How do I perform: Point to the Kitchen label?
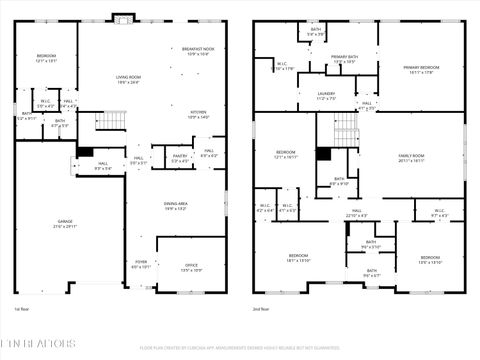[198, 114]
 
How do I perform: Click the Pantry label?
[181, 157]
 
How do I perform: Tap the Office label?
[191, 267]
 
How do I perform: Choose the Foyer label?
[140, 264]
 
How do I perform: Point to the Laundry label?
[326, 96]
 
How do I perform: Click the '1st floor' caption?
[22, 309]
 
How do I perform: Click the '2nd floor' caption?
[260, 309]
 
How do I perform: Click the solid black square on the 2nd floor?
[323, 154]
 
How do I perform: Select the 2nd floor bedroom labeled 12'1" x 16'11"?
[285, 155]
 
